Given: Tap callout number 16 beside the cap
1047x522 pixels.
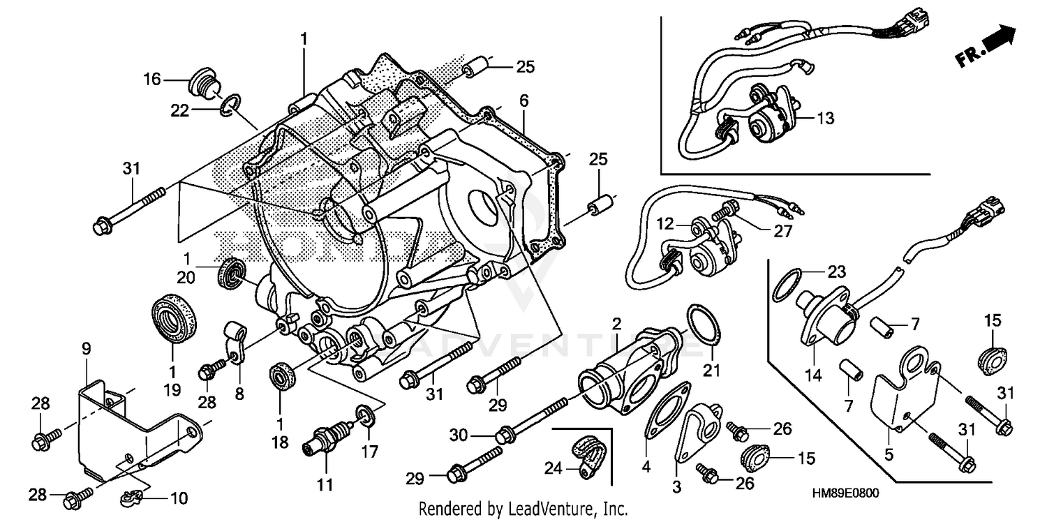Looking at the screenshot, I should point(152,80).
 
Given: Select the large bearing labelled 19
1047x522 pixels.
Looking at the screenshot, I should point(174,320).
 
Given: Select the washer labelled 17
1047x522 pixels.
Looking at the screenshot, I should point(363,415).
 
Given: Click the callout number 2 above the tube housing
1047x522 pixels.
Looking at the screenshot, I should point(617,323).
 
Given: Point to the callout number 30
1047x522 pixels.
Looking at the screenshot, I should point(459,436).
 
